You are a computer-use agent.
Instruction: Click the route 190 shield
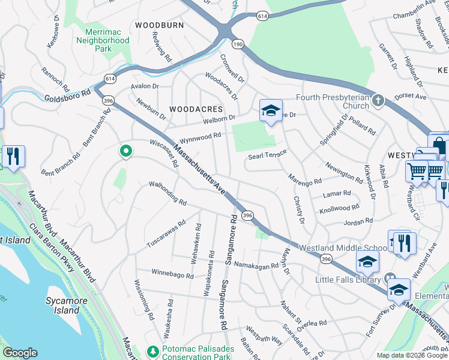(238, 44)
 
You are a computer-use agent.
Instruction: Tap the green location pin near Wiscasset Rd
(125, 152)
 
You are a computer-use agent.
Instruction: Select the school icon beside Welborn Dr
(271, 111)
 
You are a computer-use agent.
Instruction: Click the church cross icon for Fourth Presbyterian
(378, 100)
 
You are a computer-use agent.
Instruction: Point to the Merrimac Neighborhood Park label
(103, 40)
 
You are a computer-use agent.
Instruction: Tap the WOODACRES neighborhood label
(196, 109)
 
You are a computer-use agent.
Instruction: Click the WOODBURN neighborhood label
(159, 25)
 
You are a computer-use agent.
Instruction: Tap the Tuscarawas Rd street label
(167, 237)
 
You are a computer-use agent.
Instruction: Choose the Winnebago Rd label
(172, 275)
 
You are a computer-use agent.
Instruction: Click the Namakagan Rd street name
(256, 265)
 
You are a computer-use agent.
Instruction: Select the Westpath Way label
(264, 335)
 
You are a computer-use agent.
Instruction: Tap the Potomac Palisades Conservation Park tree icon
(153, 350)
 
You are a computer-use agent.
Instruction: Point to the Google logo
(20, 353)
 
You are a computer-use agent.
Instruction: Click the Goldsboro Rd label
(67, 97)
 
